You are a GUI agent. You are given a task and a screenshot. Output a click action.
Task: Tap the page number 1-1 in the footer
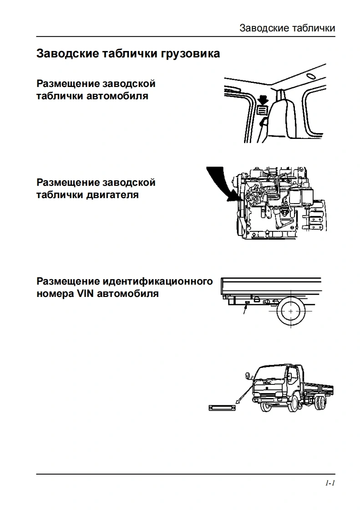pos(330,483)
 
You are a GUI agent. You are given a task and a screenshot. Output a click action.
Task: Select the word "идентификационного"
pos(157,281)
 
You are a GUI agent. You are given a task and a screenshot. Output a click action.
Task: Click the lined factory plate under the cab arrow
pos(262,109)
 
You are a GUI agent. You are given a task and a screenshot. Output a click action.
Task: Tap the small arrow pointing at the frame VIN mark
pos(245,312)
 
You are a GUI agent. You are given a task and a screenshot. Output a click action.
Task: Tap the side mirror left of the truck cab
pos(248,377)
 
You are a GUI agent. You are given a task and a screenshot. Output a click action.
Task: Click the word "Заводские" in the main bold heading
pos(67,54)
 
